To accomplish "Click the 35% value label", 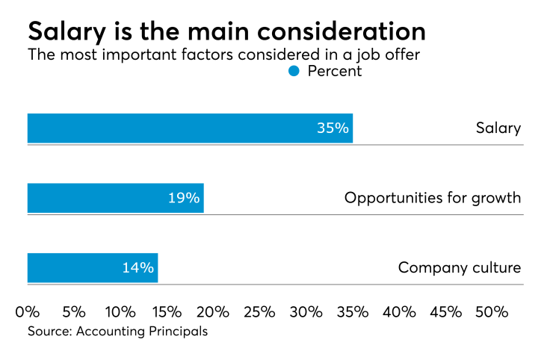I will [333, 128].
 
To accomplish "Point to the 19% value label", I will [184, 198].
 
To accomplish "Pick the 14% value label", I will [138, 267].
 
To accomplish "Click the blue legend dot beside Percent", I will [294, 71].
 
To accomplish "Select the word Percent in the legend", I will [335, 72].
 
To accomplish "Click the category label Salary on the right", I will [498, 128].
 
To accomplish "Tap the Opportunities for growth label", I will [432, 198].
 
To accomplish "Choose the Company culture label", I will [459, 267].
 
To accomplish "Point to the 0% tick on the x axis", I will [28, 311].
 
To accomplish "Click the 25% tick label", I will [259, 311].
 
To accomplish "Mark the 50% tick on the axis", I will [492, 311].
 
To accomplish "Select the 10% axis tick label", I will [120, 311].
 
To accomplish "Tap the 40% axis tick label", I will [399, 311].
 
